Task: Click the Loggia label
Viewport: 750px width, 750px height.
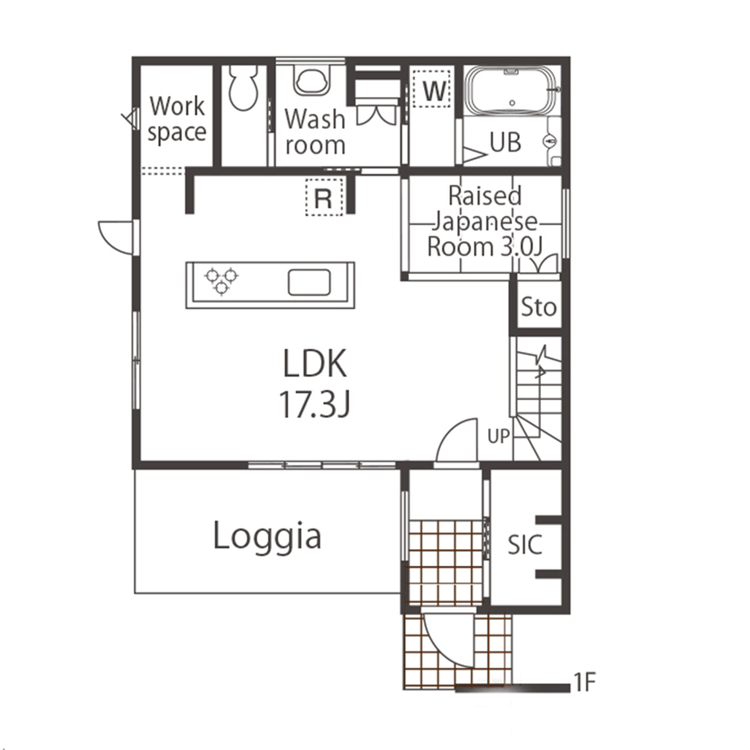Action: pyautogui.click(x=267, y=537)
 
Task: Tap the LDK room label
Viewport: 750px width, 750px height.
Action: pyautogui.click(x=314, y=364)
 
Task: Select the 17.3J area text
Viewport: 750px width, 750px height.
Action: pyautogui.click(x=314, y=405)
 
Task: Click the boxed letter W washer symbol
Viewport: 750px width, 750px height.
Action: pyautogui.click(x=433, y=89)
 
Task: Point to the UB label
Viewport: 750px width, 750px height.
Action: pyautogui.click(x=504, y=143)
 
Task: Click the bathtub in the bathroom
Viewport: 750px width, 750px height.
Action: pyautogui.click(x=510, y=92)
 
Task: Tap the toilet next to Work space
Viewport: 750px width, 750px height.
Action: pyautogui.click(x=242, y=87)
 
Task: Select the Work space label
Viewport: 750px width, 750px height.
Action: pyautogui.click(x=177, y=120)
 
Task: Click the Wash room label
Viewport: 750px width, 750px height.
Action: pyautogui.click(x=315, y=131)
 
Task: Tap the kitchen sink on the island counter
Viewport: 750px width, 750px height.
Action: pyautogui.click(x=310, y=282)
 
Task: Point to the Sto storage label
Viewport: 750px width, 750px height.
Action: pyautogui.click(x=538, y=308)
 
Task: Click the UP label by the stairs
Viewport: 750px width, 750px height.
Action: pyautogui.click(x=499, y=437)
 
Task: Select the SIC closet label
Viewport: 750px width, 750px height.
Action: pyautogui.click(x=525, y=544)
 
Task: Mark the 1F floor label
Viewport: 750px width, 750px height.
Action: pyautogui.click(x=584, y=685)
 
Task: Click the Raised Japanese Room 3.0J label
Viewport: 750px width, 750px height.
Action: pyautogui.click(x=485, y=221)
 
